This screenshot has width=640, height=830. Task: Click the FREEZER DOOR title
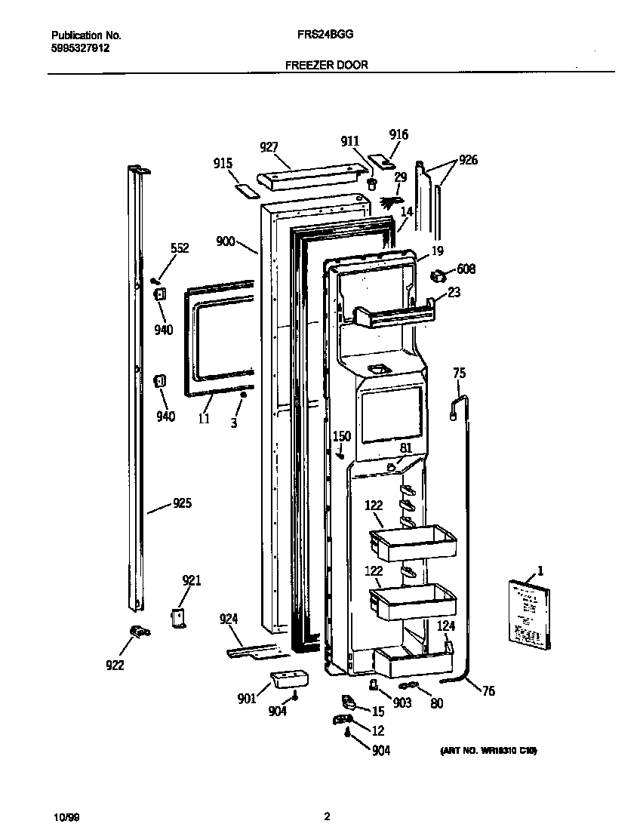tap(327, 65)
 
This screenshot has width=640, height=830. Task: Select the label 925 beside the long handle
tap(181, 503)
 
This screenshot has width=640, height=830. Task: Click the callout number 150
tap(342, 436)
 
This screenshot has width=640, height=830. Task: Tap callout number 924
tap(229, 619)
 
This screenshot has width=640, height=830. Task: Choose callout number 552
tap(179, 248)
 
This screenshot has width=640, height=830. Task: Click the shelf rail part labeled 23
tap(392, 312)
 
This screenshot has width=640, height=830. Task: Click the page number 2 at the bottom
tap(327, 816)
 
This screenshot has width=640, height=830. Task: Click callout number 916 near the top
tap(398, 134)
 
